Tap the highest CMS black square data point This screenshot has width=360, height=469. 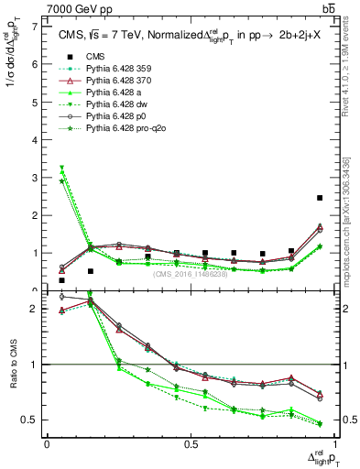(320, 198)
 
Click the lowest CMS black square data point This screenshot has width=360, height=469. (61, 280)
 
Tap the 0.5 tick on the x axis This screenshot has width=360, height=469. (191, 444)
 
